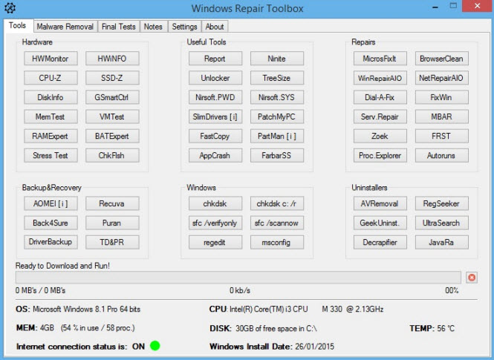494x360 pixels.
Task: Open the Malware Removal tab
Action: (x=65, y=27)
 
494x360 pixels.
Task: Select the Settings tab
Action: (x=185, y=27)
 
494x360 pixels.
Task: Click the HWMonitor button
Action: (x=51, y=59)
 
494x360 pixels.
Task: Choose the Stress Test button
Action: (x=51, y=155)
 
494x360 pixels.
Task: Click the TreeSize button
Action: (x=277, y=78)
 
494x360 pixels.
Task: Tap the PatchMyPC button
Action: (x=277, y=117)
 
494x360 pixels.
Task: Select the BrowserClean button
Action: (x=442, y=59)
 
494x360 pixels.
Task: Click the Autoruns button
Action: (x=442, y=155)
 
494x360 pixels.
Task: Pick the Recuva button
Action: (x=112, y=203)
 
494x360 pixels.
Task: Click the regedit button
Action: (x=215, y=242)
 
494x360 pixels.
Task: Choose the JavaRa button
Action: (x=442, y=242)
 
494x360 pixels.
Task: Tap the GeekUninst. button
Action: (x=380, y=223)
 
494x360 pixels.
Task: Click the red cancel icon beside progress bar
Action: (x=472, y=278)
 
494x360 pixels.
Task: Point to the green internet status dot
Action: (x=155, y=345)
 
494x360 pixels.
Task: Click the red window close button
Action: (x=478, y=6)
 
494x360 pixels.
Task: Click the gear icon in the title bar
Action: (x=10, y=8)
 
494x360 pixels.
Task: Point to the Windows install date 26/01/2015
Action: (x=315, y=347)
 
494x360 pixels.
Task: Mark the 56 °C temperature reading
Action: (x=446, y=329)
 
